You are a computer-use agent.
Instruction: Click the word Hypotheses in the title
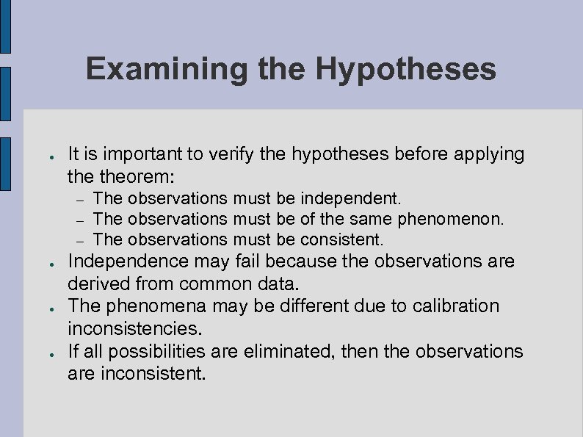406,71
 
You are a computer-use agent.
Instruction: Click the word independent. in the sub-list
351,198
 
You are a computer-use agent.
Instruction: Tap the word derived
95,283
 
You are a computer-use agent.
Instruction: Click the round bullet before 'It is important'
45,156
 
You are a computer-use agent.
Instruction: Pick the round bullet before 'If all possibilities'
45,353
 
